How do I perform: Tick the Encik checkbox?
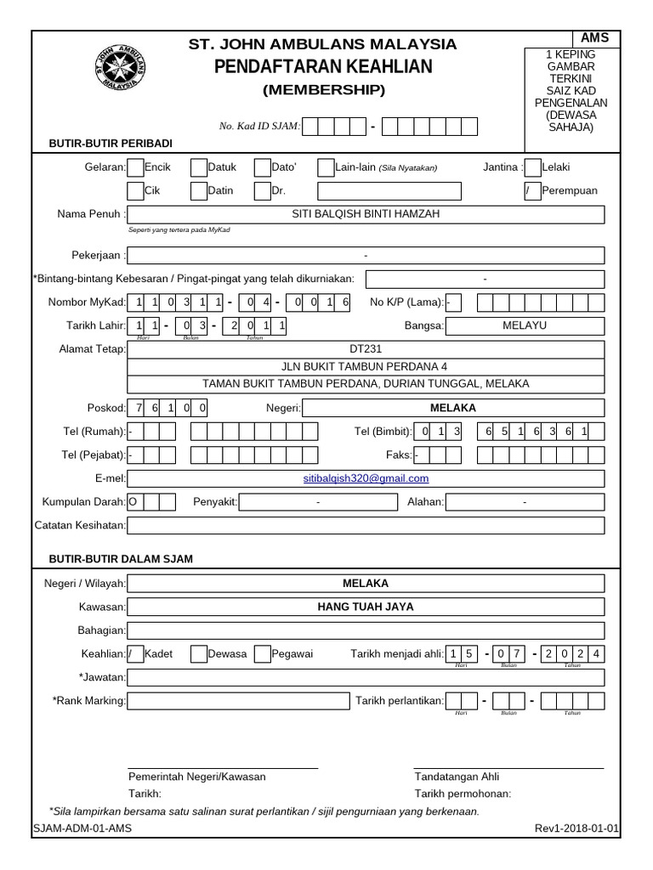[135, 167]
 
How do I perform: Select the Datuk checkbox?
[198, 167]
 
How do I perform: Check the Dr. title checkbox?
[262, 191]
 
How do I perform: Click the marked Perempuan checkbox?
[532, 191]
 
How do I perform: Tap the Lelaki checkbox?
[532, 167]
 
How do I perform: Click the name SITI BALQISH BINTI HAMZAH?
[366, 214]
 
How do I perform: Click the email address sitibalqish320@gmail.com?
[366, 478]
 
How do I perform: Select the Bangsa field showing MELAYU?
[525, 325]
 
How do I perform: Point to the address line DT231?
[366, 348]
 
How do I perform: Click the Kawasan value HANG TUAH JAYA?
[366, 607]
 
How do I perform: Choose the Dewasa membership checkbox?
[198, 653]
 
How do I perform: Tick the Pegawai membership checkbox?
[262, 653]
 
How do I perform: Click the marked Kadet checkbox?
[135, 653]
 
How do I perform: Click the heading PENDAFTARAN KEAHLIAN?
[323, 66]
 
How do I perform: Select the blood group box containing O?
[134, 502]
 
